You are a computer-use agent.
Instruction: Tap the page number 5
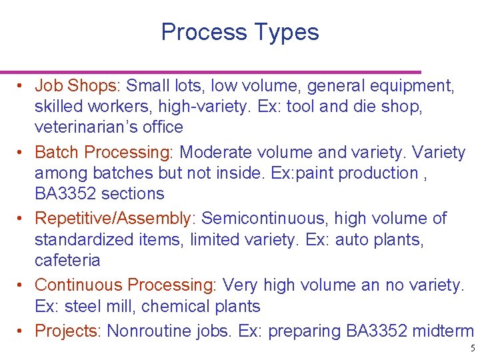tap(472, 348)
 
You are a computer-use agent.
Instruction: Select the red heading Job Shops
tap(76, 86)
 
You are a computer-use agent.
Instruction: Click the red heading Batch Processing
tap(102, 153)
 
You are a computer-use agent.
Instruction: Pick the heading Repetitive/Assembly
tap(113, 219)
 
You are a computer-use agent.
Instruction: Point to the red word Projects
tap(65, 331)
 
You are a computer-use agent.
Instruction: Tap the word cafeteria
tap(67, 260)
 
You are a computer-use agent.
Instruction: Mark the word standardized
tap(83, 239)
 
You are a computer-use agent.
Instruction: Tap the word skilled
tap(57, 107)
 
